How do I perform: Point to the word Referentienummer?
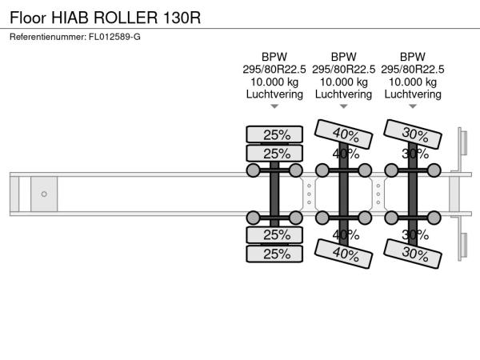click(45, 37)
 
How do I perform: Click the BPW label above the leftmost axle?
click(274, 56)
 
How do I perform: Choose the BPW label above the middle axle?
click(343, 56)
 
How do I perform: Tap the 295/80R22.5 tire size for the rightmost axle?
click(413, 69)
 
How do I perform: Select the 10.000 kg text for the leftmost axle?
click(274, 82)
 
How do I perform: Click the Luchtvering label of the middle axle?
click(343, 94)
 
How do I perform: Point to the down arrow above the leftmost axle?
click(274, 106)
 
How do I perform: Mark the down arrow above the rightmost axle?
click(413, 106)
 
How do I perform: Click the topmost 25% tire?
click(274, 134)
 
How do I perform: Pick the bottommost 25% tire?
click(274, 254)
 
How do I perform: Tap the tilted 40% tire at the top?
click(344, 134)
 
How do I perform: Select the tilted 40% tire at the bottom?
click(344, 254)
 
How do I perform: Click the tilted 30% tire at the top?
click(413, 134)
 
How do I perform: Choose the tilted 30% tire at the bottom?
click(413, 254)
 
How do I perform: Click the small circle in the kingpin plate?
click(44, 194)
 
